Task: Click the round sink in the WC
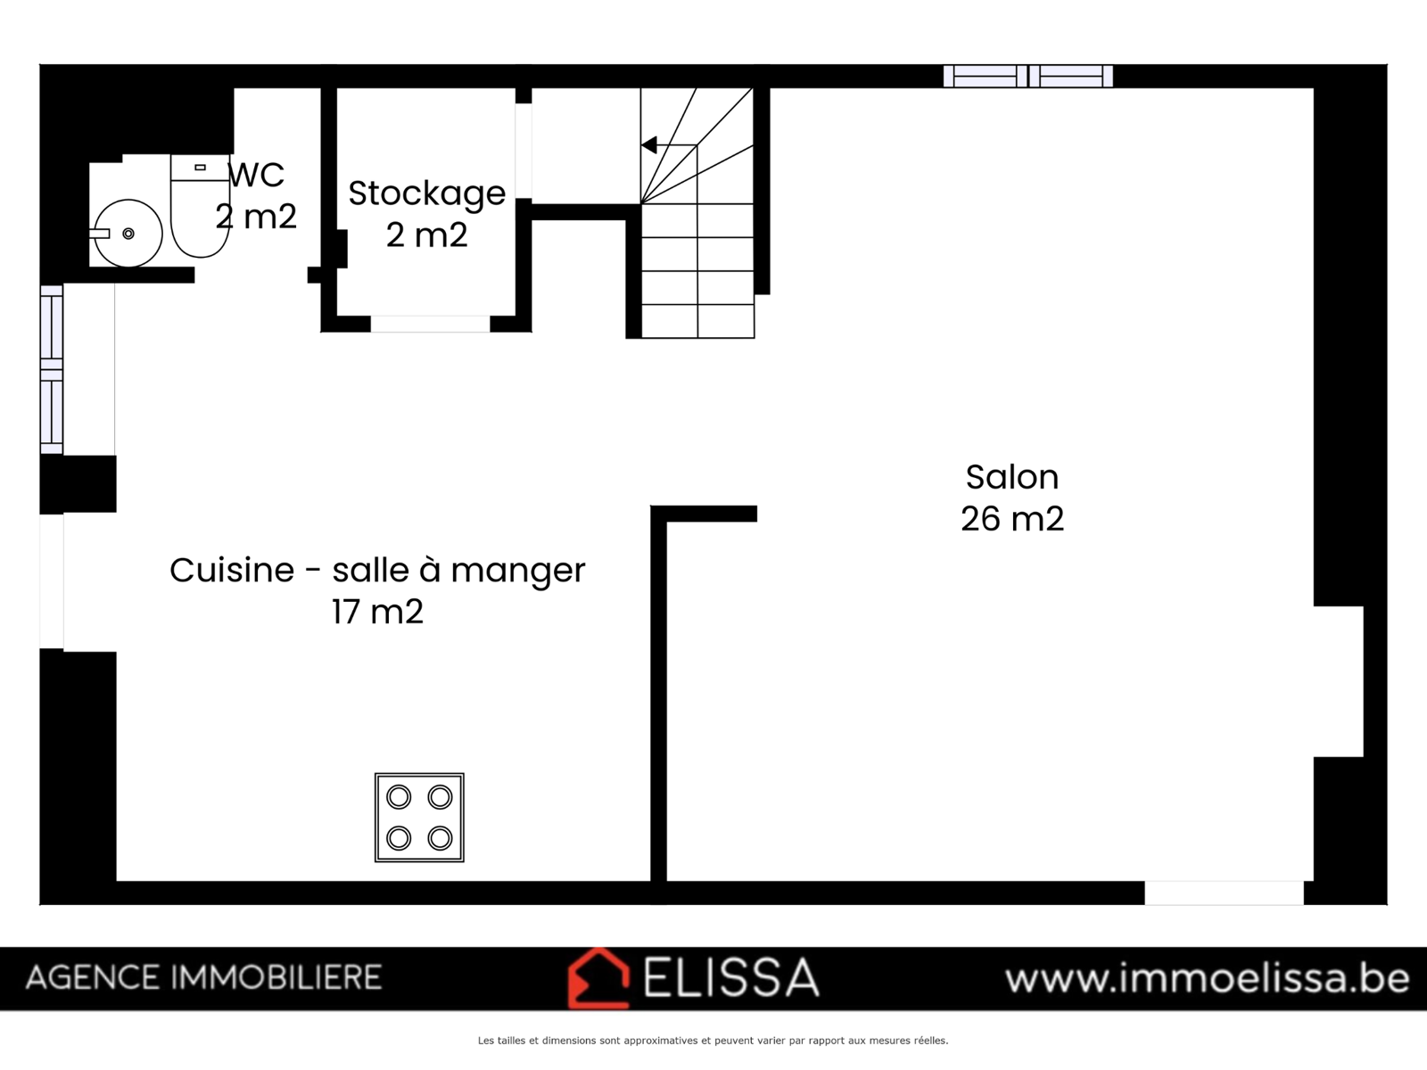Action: tap(128, 234)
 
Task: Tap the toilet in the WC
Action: tap(201, 205)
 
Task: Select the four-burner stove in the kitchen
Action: tap(419, 818)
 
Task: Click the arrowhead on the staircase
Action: tap(648, 144)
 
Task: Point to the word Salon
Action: tap(1012, 478)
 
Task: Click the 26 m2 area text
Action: tap(1012, 519)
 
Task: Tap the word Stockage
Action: tap(427, 193)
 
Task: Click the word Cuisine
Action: tap(232, 570)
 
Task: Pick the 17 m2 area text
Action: tap(378, 612)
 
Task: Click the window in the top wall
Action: tap(1027, 76)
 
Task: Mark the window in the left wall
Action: tap(52, 369)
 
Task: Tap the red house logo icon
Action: tap(598, 979)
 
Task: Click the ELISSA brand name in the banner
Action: tap(731, 978)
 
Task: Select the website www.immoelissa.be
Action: tap(1208, 978)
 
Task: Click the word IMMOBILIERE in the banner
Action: tap(276, 978)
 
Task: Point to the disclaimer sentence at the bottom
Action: tap(713, 1041)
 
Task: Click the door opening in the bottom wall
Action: tap(1225, 893)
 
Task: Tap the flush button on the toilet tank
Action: tap(201, 168)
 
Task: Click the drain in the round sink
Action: tap(128, 234)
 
